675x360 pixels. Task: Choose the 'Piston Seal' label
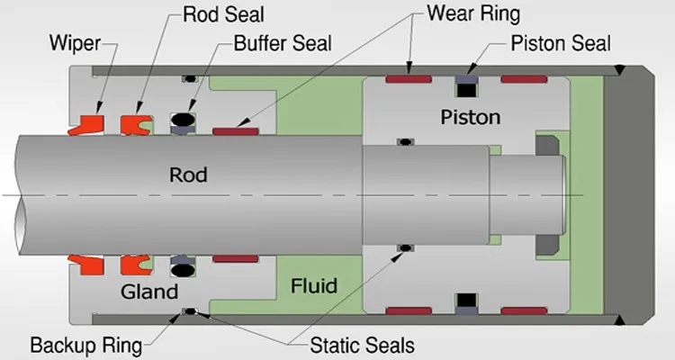pos(560,42)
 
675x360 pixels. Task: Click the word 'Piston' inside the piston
pos(470,117)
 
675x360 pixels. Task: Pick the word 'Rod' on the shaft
pos(188,175)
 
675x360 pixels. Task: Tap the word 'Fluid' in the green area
pos(314,286)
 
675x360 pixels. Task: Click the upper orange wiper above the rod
pos(84,122)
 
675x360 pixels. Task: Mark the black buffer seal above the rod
pos(182,120)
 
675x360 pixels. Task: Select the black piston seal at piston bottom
pos(466,303)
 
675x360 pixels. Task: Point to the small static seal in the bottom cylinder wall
pos(189,313)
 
